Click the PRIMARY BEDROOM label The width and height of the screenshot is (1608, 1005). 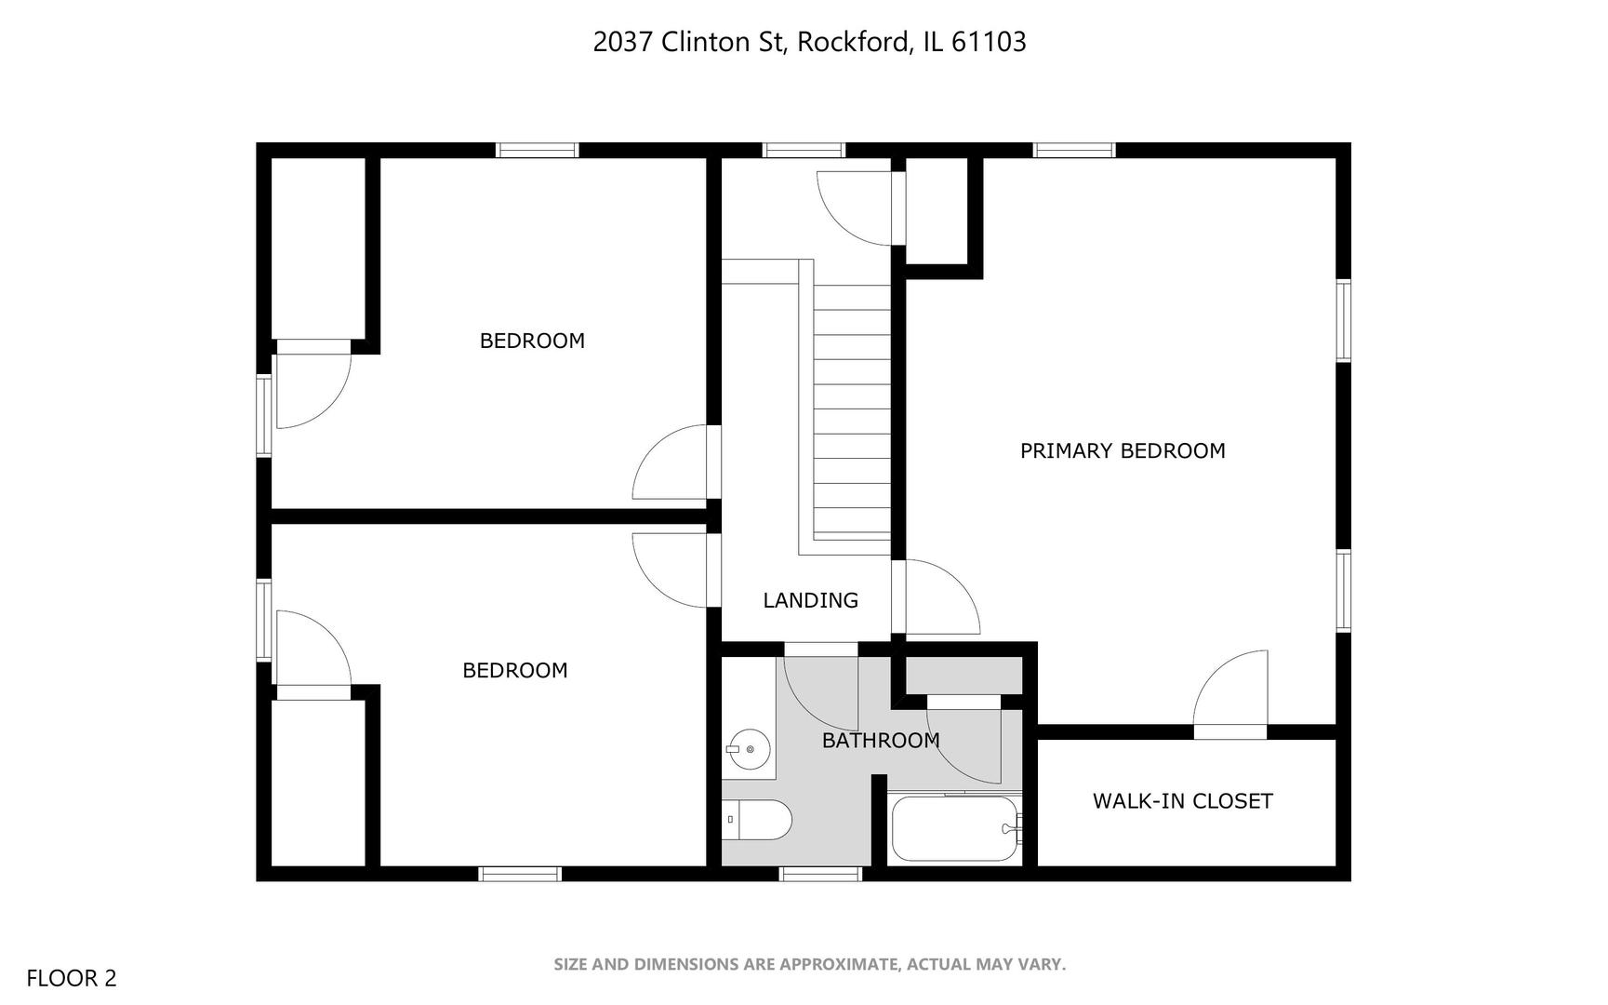tap(1122, 451)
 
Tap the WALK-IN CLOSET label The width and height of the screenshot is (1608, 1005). tap(1182, 801)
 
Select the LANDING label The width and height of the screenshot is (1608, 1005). tap(810, 600)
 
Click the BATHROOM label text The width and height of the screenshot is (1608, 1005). tap(880, 741)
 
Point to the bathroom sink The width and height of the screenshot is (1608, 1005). tap(749, 749)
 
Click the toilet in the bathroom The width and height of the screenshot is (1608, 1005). tap(758, 820)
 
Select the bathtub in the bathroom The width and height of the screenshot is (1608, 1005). tap(953, 827)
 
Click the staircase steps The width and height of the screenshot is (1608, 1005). tap(852, 409)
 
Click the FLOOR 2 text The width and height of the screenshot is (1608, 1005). tap(72, 978)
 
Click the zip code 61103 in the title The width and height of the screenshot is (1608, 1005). tap(989, 42)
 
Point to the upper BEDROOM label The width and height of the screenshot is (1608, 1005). tap(532, 341)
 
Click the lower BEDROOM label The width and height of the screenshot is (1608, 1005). tap(515, 671)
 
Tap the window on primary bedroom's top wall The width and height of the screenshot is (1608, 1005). tap(1073, 150)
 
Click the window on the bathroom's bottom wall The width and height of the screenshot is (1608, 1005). tap(820, 874)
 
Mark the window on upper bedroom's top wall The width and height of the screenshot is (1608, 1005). tap(537, 150)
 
